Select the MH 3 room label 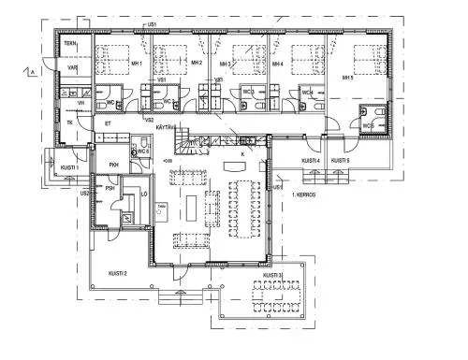[226, 63]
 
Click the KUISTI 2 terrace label [118, 272]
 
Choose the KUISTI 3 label [272, 275]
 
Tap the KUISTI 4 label [312, 161]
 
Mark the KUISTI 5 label [342, 161]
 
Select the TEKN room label [70, 44]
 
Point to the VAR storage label [70, 66]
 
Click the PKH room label [114, 166]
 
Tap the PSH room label [110, 188]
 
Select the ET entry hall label [108, 122]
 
